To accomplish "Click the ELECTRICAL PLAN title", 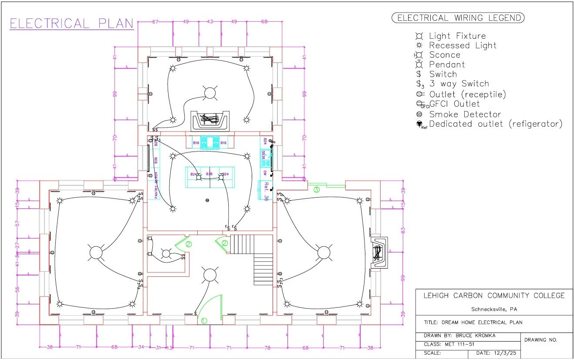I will tap(71, 24).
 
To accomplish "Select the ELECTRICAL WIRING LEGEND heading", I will tap(459, 18).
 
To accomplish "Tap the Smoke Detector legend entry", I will tap(465, 114).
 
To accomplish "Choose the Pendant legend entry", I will tap(447, 64).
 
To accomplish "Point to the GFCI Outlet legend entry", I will tap(454, 104).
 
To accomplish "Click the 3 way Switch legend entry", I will tap(459, 84).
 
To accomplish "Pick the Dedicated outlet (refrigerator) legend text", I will tap(496, 124).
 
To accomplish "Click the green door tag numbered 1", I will tap(203, 321).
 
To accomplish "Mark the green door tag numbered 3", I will tap(317, 189).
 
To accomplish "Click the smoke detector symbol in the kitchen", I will tap(207, 200).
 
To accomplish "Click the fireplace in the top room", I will tap(210, 119).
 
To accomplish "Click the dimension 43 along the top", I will tap(210, 22).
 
